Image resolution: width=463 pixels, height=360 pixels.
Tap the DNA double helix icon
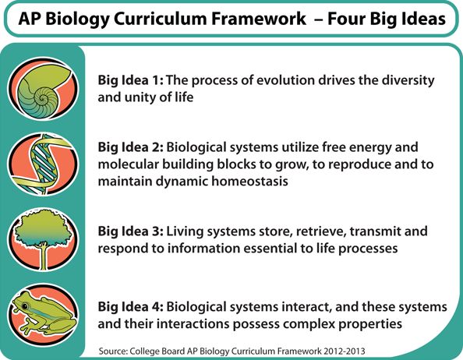(x=43, y=164)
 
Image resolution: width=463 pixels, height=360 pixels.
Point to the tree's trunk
(x=44, y=256)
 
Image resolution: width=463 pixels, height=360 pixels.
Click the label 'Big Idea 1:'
(x=130, y=80)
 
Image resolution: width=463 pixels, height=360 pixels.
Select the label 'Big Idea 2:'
(x=130, y=147)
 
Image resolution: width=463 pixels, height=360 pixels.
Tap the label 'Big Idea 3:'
(x=130, y=231)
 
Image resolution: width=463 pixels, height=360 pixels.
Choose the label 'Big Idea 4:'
(x=130, y=307)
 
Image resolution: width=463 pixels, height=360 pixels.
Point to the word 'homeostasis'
(x=249, y=181)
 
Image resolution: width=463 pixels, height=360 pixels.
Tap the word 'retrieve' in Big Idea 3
(x=321, y=232)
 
